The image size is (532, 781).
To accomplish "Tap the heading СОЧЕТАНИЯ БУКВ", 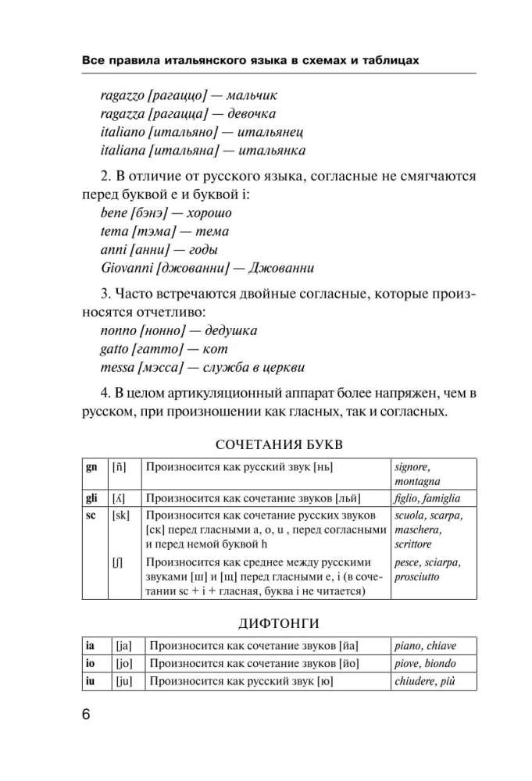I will (x=279, y=444).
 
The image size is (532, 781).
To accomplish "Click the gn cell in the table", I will (x=91, y=467).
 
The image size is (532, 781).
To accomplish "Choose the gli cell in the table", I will (x=92, y=497).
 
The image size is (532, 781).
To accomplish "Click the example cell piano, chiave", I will (x=426, y=646).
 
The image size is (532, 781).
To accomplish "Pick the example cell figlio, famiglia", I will (x=427, y=497).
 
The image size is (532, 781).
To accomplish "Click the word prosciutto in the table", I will (x=417, y=577).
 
